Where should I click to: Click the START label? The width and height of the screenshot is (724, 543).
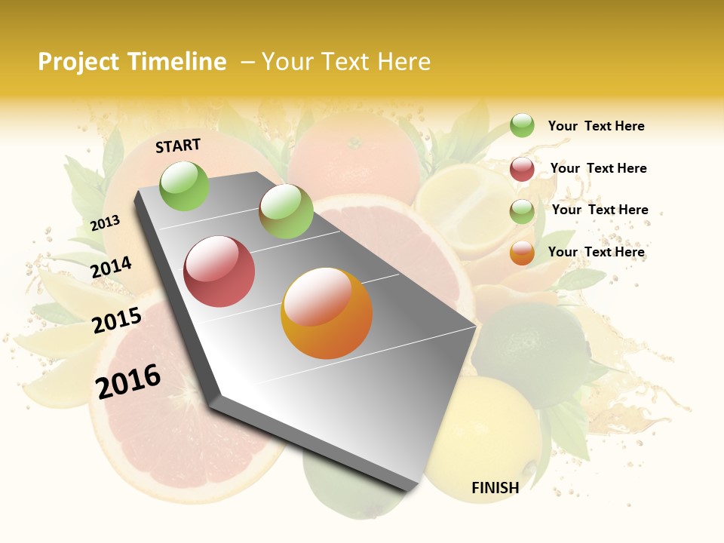pos(178,146)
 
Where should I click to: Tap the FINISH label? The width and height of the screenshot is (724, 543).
pos(495,488)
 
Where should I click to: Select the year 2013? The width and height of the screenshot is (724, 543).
pos(106,222)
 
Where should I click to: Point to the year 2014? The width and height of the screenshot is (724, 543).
pos(112,267)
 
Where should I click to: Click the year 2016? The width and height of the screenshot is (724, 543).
pos(128,381)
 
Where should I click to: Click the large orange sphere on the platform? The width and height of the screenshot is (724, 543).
pos(327,313)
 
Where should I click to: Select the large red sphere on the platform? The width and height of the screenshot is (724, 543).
pos(219,271)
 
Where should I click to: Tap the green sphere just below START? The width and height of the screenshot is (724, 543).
pos(185,186)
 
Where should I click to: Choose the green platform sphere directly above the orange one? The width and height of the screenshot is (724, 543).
pos(286,211)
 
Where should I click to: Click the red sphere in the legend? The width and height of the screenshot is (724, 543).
pos(522,169)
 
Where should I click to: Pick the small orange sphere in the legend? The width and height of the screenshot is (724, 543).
pos(522,253)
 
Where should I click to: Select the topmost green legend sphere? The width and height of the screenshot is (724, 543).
pos(522,125)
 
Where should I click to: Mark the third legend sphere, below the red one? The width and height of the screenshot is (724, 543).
pos(522,211)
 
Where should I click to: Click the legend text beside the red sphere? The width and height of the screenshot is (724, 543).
pos(598,168)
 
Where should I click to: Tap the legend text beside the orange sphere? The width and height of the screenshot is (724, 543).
pos(596,252)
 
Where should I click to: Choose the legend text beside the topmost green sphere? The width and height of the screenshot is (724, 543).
pos(596,126)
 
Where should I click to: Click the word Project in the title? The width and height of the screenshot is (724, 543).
pos(79,62)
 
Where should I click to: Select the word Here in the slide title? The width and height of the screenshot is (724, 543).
pos(403,62)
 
